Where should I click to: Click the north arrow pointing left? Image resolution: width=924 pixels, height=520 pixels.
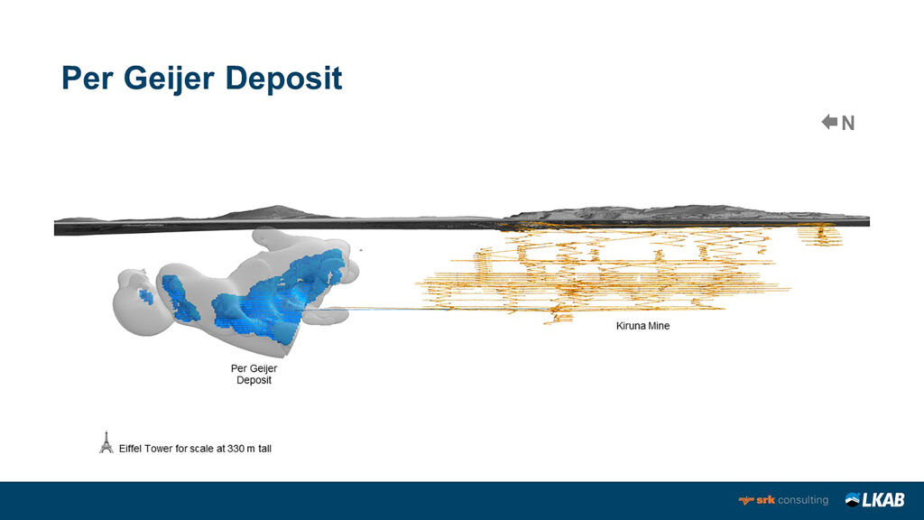[829, 122]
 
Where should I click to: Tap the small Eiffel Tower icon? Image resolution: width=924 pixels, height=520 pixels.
[106, 441]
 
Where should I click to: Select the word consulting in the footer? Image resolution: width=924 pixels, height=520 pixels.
[802, 500]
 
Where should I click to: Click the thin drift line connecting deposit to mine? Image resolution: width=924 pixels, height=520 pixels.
[379, 308]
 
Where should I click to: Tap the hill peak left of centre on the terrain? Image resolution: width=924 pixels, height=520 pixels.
[271, 209]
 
